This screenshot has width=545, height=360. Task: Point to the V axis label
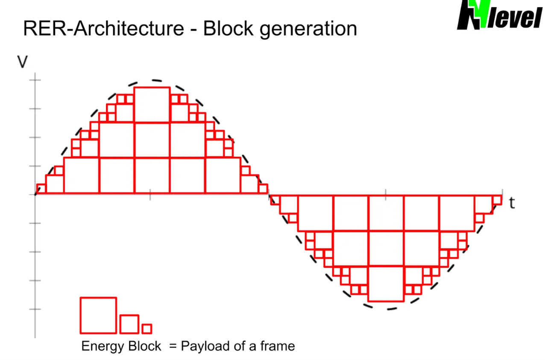tap(22, 62)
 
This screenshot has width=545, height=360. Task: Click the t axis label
tap(512, 203)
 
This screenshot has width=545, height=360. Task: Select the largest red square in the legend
tap(98, 315)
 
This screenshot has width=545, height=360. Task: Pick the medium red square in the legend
tap(129, 324)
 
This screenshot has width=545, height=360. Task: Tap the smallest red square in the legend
tap(147, 329)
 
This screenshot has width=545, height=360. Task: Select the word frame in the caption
tap(278, 346)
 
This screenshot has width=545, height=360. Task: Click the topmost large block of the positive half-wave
tap(152, 105)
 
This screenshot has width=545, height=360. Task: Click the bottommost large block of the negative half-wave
tap(386, 284)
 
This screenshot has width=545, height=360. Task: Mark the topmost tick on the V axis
tap(35, 79)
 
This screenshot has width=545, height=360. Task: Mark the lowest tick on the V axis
tap(35, 309)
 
